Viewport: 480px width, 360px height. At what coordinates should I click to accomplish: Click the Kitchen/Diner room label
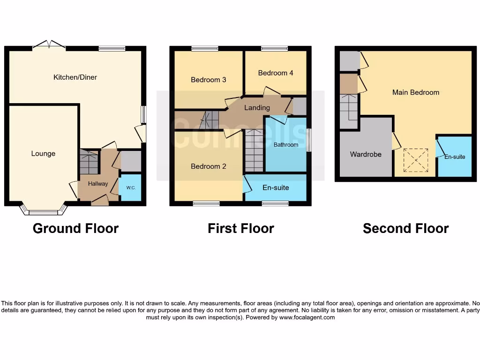[75, 77]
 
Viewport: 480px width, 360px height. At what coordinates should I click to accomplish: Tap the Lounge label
[43, 154]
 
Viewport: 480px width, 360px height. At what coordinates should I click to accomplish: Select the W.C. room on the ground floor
[131, 187]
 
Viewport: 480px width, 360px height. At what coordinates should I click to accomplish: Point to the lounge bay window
[43, 211]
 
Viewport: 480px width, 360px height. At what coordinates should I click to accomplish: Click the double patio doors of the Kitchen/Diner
[49, 45]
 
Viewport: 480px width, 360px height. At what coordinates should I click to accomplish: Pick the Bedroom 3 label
[209, 80]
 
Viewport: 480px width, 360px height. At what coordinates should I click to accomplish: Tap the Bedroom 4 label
[276, 73]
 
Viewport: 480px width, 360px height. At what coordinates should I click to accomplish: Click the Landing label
[257, 108]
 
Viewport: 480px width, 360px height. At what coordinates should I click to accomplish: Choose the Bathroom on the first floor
[286, 145]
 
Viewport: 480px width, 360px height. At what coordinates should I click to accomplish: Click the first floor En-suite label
[276, 187]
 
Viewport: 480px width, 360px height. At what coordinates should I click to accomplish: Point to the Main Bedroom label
[416, 92]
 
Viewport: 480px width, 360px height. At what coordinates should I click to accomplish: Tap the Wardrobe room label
[366, 154]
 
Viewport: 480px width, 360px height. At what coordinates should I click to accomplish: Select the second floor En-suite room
[455, 157]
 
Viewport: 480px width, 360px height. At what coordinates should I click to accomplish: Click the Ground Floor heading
[75, 228]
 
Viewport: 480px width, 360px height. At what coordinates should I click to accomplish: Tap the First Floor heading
[241, 228]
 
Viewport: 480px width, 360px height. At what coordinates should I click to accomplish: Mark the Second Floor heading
[406, 228]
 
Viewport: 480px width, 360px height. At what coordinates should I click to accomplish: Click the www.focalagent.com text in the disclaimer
[307, 317]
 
